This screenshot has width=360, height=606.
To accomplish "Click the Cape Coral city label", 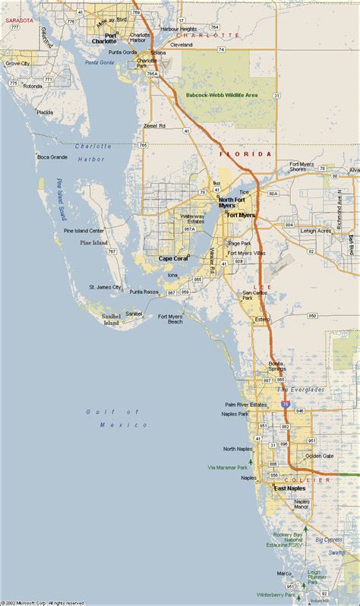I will point(173,258).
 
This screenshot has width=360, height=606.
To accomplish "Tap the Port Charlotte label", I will point(104,38).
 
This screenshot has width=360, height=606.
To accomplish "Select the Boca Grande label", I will point(52,157).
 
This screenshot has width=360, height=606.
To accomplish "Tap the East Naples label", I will point(290,488).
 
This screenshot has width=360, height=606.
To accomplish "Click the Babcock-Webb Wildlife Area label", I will point(222,95).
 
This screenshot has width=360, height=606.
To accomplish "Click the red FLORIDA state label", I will point(245,154).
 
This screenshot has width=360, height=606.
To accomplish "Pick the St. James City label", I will point(106,287).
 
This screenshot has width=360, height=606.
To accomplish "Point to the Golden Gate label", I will point(319,456).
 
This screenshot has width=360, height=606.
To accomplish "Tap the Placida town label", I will point(45,112).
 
